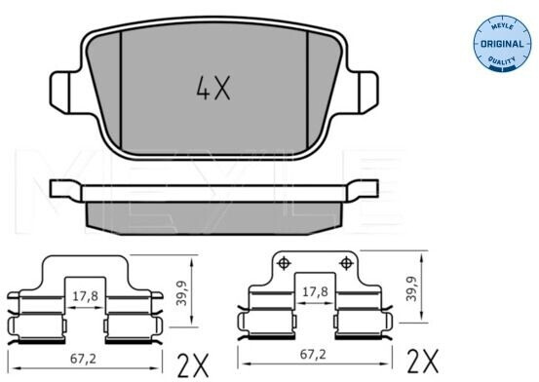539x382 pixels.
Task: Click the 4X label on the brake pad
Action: pyautogui.click(x=213, y=88)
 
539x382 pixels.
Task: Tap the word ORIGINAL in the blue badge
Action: pyautogui.click(x=502, y=44)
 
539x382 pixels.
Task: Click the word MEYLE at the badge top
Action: pyautogui.click(x=503, y=26)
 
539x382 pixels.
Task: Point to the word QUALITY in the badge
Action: pyautogui.click(x=502, y=62)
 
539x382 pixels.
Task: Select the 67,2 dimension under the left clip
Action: pyautogui.click(x=83, y=359)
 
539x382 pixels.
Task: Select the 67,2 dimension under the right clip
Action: pyautogui.click(x=313, y=355)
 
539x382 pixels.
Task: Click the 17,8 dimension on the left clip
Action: pyautogui.click(x=85, y=296)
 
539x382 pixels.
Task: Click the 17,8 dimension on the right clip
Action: pyautogui.click(x=315, y=291)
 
